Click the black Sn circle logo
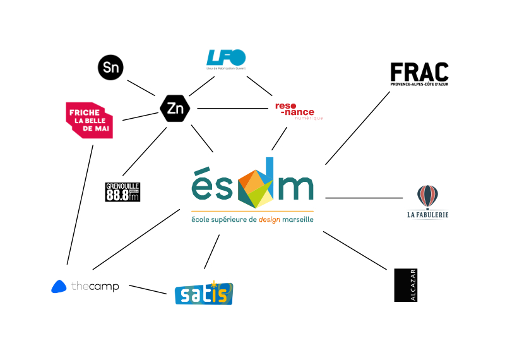point(110,68)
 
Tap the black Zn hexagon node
point(175,109)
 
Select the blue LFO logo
point(226,59)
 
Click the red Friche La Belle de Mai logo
point(90,120)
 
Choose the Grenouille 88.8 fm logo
point(122,192)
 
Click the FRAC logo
point(419,73)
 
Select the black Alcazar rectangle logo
point(405,285)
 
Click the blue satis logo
point(204,293)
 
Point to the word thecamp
point(95,287)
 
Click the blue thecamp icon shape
point(59,287)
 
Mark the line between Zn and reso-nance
point(233,109)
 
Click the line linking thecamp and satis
point(147,289)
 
